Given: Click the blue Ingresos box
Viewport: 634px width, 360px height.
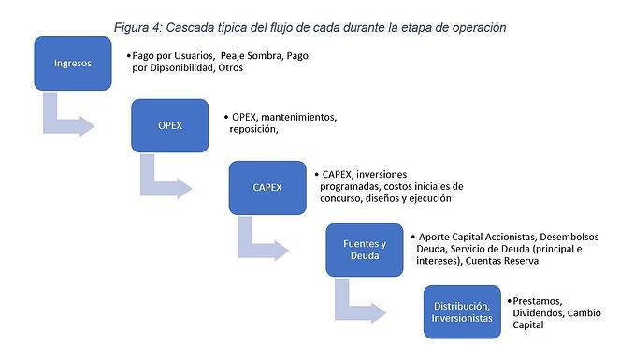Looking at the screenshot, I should pyautogui.click(x=73, y=63).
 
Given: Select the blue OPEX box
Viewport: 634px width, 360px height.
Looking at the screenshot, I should pyautogui.click(x=169, y=126).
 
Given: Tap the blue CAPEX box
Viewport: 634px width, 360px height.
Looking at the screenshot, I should pyautogui.click(x=267, y=187).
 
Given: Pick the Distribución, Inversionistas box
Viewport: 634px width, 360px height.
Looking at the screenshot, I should pyautogui.click(x=460, y=311).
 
